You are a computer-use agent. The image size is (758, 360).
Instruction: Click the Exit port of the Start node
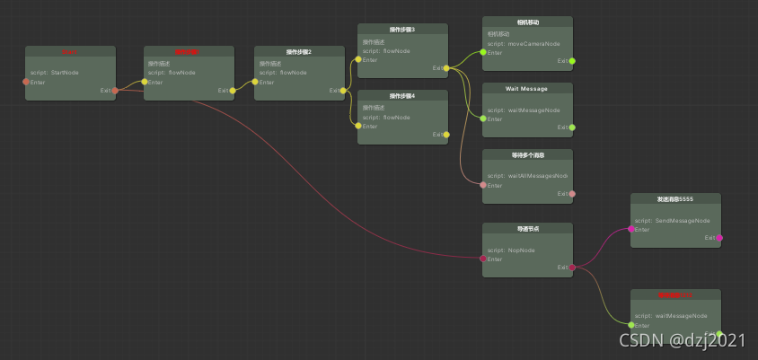click(115, 90)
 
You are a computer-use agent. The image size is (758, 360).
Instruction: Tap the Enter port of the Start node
click(26, 82)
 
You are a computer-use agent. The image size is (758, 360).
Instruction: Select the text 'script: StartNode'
click(55, 73)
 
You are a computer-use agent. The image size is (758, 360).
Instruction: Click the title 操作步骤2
click(299, 52)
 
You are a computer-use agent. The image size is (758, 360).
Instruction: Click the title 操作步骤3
click(402, 30)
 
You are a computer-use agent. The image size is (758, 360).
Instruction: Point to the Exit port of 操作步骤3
click(446, 68)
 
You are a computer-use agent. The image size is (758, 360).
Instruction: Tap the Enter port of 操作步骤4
click(358, 126)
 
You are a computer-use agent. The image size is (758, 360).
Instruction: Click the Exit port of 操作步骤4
click(446, 135)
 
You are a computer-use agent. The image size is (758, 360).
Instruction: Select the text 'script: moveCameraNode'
click(524, 43)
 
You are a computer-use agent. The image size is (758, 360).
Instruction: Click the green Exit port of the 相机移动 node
click(572, 61)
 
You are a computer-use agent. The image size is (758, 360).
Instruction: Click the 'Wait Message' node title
click(527, 88)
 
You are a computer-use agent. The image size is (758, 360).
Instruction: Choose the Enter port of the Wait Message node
click(483, 119)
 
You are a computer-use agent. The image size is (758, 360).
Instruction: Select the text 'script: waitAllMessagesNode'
click(528, 176)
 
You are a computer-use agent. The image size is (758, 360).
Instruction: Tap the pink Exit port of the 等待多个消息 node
click(572, 193)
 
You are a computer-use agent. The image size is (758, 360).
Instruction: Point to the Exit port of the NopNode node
click(572, 268)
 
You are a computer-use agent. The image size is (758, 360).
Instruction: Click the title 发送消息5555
click(675, 198)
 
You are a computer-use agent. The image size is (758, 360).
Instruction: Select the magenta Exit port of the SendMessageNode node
click(719, 238)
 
